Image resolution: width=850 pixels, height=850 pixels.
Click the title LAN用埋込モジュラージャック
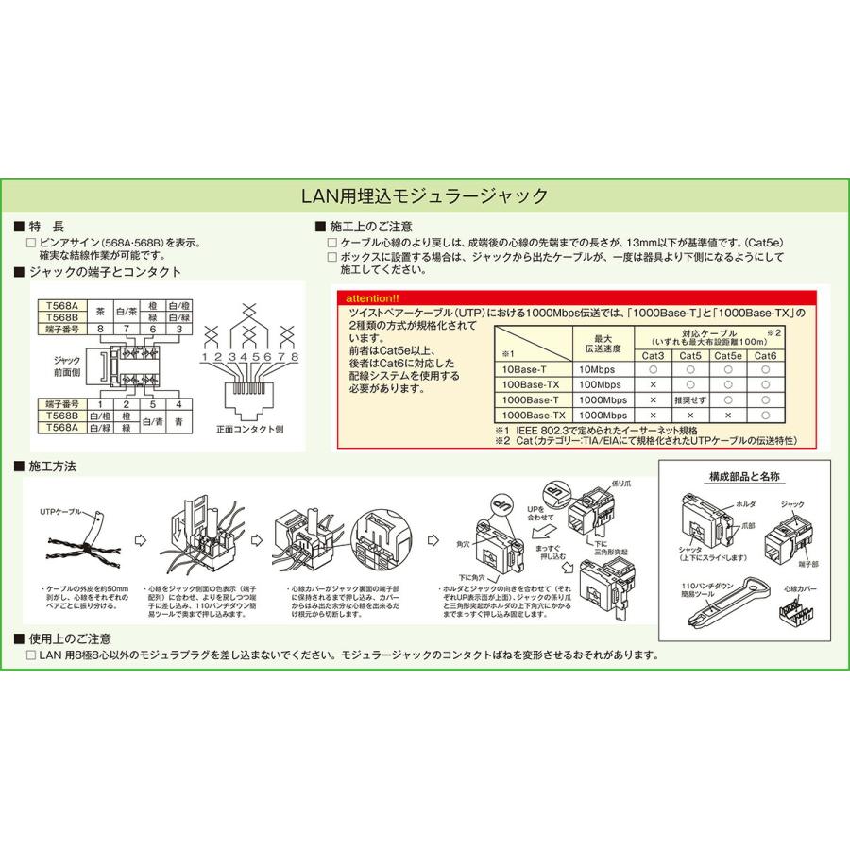(424, 196)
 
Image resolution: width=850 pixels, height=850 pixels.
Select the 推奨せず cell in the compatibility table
(690, 399)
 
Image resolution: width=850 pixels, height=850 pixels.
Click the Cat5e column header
(727, 355)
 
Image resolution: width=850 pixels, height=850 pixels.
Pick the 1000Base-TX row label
(534, 415)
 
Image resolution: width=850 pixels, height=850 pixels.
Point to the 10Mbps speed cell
(602, 369)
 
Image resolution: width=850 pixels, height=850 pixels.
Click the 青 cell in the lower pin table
(178, 421)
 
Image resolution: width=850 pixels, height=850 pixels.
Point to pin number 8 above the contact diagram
(295, 359)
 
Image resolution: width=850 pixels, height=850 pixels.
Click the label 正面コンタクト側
(249, 428)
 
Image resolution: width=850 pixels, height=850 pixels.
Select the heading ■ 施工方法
(54, 467)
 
